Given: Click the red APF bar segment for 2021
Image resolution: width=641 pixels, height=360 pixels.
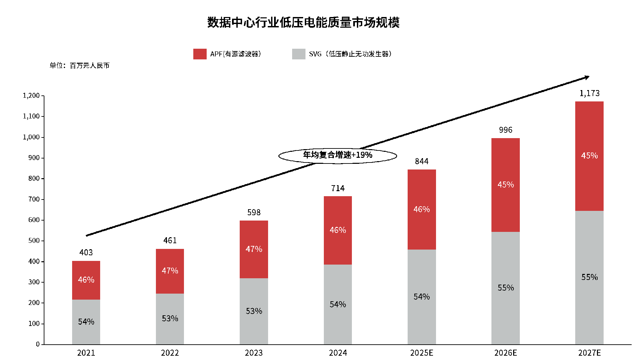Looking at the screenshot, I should coord(86,280).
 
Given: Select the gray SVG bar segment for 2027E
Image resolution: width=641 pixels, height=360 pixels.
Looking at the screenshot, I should coord(589,277).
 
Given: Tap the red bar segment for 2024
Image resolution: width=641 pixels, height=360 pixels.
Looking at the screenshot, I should coord(338,230).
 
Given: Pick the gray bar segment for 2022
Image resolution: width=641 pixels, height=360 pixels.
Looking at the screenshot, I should coord(170,319).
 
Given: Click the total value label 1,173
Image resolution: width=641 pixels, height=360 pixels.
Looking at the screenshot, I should coord(589,93).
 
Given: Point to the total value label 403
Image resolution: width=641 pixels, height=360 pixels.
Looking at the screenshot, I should coord(86,253).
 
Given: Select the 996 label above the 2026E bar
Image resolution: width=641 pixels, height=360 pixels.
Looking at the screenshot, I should coord(505,130).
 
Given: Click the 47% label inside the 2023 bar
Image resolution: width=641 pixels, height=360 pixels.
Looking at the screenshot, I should coord(254,249).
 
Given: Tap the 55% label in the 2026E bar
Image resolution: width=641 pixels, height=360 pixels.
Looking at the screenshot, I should coord(505,288).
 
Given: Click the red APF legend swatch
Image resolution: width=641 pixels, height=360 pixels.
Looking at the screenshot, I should coord(200,54).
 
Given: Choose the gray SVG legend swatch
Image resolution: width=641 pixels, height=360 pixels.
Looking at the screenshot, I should coord(298,54).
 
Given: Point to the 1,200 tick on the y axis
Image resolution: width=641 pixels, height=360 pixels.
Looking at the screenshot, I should coord(31,96).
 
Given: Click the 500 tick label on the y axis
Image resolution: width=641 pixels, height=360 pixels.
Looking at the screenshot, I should coord(34,241).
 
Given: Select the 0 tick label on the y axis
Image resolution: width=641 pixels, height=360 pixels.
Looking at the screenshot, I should coord(38,344).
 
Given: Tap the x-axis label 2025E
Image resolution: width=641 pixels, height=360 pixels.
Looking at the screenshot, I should coord(421,353).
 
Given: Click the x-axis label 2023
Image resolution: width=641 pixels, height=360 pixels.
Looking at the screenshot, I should coord(254,353).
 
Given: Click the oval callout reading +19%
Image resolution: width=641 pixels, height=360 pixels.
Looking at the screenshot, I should coord(338,155).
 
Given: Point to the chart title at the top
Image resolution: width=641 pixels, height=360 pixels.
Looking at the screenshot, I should coord(303,23).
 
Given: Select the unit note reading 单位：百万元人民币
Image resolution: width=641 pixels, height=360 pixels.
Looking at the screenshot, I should coord(79,66).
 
